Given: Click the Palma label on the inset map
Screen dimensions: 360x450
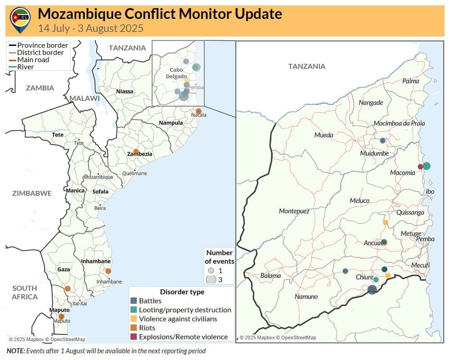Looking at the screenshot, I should coord(410,81).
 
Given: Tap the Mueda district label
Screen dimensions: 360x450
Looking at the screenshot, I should coord(324,135).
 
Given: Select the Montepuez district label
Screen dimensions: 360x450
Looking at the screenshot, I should coord(294,211).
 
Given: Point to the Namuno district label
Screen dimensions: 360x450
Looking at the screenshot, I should coord(306,297).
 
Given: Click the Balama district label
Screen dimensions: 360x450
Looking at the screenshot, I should coord(270,276).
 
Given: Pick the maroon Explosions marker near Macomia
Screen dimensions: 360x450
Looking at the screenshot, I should coord(420,166).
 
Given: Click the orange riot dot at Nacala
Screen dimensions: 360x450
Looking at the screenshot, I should coord(198,111).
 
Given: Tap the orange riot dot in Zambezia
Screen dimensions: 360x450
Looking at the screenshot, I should coord(136,152).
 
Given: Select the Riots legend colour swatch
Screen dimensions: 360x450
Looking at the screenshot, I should coord(134,328).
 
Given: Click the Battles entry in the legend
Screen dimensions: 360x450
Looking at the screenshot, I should coord(150,301).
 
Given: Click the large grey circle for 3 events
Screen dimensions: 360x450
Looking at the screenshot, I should coord(211,279).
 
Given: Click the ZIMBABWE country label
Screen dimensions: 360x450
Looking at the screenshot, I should coord(31,193).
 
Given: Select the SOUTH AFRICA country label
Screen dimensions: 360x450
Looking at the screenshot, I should coord(25,292).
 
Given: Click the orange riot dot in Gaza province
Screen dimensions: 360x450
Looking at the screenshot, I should coord(67,288).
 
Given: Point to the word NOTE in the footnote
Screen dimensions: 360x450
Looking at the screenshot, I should coord(15,351).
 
